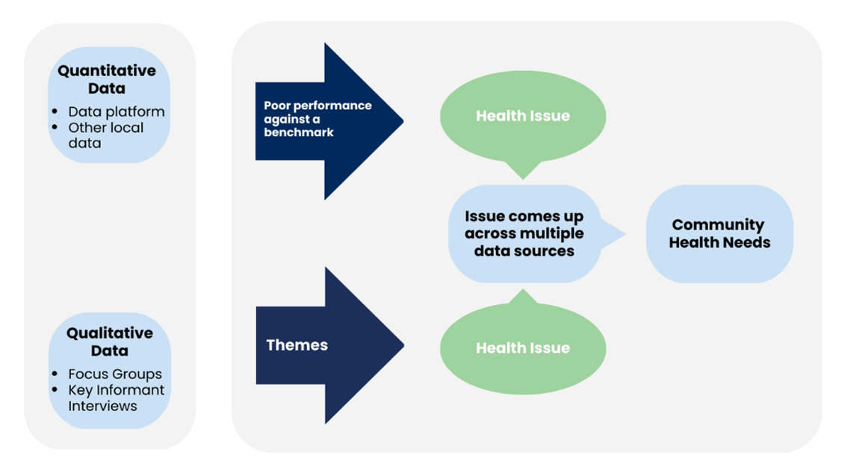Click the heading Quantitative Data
pyautogui.click(x=107, y=79)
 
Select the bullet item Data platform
pyautogui.click(x=116, y=111)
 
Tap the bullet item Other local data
pyautogui.click(x=105, y=135)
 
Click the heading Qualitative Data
pyautogui.click(x=109, y=342)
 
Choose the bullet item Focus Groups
pyautogui.click(x=114, y=374)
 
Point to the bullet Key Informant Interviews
pyautogui.click(x=116, y=398)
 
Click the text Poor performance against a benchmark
pyautogui.click(x=317, y=118)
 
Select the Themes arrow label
pyautogui.click(x=297, y=345)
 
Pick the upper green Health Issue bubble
pyautogui.click(x=522, y=116)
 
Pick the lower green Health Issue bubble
pyautogui.click(x=522, y=348)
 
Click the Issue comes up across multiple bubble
pyautogui.click(x=524, y=233)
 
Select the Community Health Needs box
pyautogui.click(x=719, y=233)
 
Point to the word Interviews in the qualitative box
pyautogui.click(x=102, y=406)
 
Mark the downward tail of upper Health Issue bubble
pyautogui.click(x=522, y=171)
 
